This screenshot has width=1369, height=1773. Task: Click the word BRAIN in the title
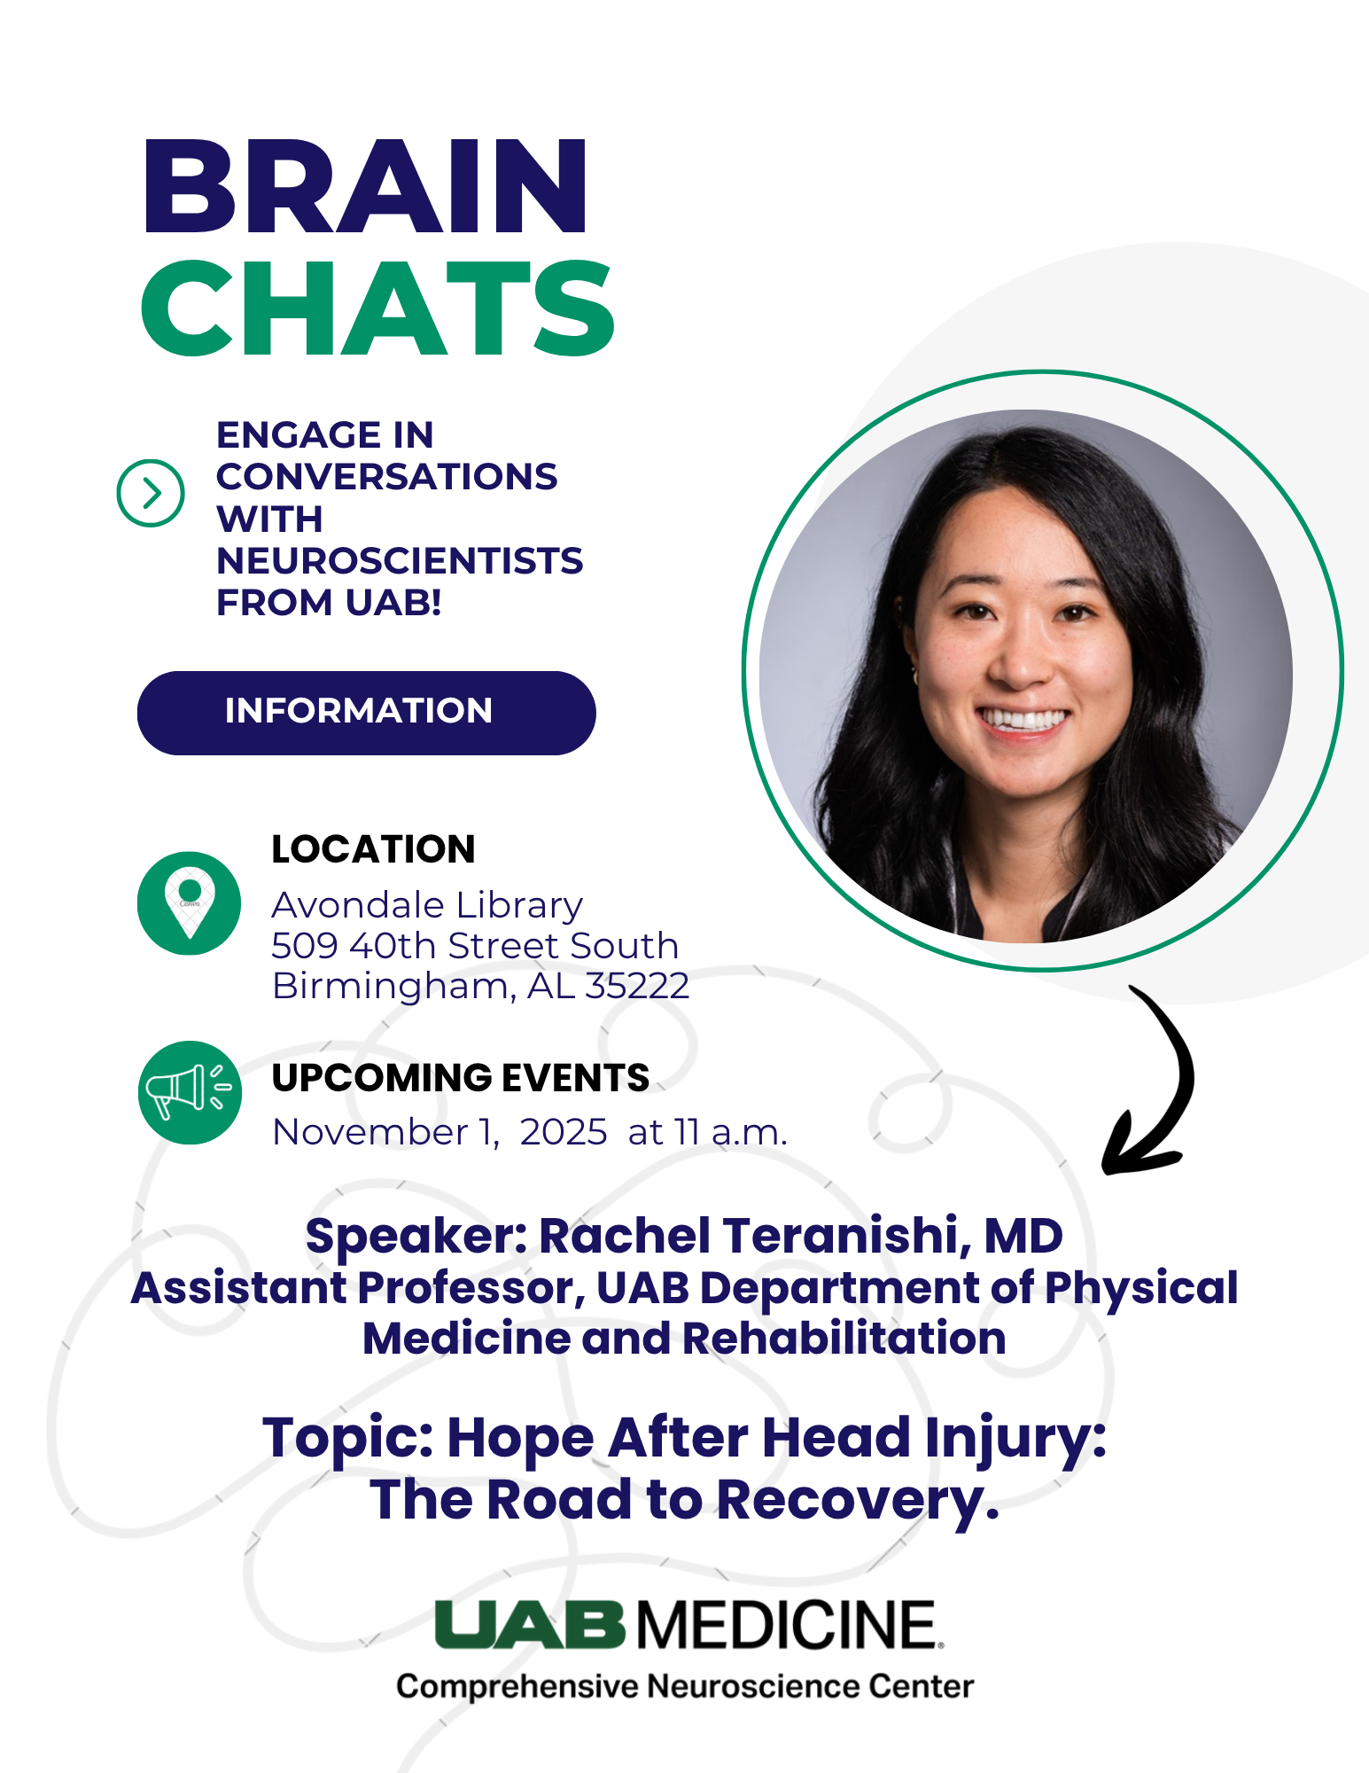tap(365, 187)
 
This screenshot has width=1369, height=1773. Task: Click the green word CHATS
tap(377, 309)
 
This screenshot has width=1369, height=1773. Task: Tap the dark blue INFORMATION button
tap(366, 713)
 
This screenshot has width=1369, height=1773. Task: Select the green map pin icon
tap(189, 903)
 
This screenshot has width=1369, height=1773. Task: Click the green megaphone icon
tap(190, 1092)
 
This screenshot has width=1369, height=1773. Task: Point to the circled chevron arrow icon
tap(151, 493)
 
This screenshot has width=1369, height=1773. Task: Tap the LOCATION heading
tap(373, 849)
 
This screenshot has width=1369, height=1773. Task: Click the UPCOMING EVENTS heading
tap(460, 1078)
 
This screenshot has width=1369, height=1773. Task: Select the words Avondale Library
tap(427, 905)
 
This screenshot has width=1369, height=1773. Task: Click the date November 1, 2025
tap(439, 1132)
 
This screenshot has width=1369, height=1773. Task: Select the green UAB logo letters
tap(530, 1624)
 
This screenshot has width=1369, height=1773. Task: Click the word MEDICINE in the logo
tap(788, 1624)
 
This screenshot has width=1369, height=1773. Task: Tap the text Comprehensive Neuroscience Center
tap(685, 1686)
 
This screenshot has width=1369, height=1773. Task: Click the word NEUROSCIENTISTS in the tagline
tap(400, 560)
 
